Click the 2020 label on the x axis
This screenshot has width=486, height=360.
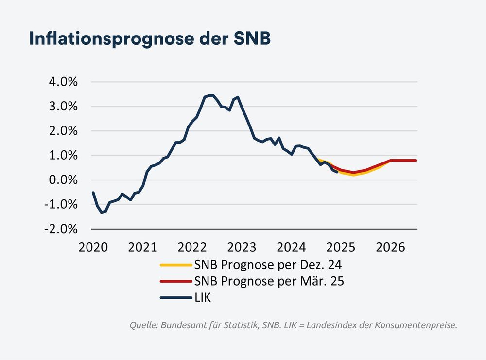click(x=93, y=247)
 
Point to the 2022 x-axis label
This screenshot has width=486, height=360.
click(x=192, y=247)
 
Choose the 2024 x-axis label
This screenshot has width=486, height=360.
click(x=292, y=247)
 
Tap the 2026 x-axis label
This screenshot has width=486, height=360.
click(x=391, y=247)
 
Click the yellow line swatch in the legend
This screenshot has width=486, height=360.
click(x=175, y=265)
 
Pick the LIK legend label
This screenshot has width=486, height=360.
click(x=202, y=297)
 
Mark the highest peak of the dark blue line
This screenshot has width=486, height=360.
click(x=212, y=95)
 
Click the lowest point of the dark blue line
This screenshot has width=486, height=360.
click(x=102, y=213)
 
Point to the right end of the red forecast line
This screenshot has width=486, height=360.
click(x=416, y=160)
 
